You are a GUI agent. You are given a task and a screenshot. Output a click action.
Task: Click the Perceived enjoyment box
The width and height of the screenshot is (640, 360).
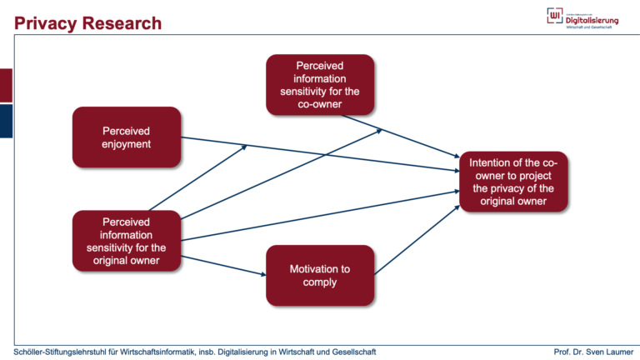point(127,137)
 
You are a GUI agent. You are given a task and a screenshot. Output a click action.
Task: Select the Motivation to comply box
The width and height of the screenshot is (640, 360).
point(320,276)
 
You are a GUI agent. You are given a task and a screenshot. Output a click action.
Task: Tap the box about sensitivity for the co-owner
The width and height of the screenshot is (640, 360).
point(320,85)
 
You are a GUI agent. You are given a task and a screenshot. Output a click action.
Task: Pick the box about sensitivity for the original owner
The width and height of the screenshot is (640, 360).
point(127,242)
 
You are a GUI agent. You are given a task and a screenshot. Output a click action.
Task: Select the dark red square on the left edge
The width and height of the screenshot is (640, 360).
point(6,86)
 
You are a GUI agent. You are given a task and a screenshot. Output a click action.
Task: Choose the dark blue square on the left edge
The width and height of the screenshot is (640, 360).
point(6,121)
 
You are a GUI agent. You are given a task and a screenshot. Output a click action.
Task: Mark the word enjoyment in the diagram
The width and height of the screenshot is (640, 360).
point(127,144)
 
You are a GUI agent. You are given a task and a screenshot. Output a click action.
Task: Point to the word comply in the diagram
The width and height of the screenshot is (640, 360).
point(320,282)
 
